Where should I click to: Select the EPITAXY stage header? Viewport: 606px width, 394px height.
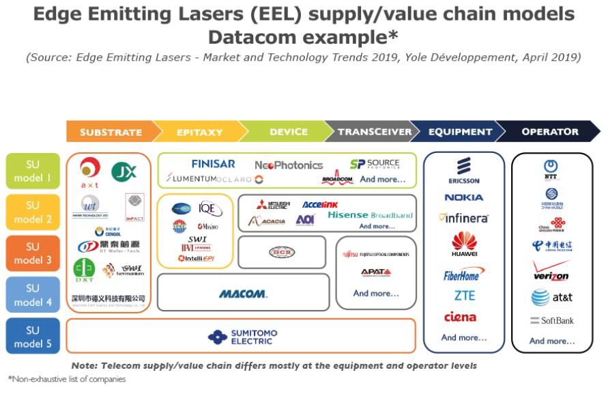[195, 132]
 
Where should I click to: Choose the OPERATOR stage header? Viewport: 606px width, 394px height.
[549, 132]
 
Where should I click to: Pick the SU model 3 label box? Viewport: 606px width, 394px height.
[33, 254]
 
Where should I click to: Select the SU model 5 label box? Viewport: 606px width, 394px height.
[33, 337]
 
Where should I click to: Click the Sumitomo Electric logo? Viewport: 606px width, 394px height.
[243, 337]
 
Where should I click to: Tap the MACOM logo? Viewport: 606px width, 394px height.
[243, 294]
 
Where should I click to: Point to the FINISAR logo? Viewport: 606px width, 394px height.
[213, 164]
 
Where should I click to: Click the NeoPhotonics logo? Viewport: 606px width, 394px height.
[289, 165]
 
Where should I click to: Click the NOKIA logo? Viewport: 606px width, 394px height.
[464, 197]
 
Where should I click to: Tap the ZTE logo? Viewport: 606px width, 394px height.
[464, 296]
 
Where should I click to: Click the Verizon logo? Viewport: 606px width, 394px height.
[551, 272]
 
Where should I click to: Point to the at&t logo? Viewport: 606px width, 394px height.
[551, 298]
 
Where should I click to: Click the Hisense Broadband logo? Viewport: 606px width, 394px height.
[370, 215]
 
